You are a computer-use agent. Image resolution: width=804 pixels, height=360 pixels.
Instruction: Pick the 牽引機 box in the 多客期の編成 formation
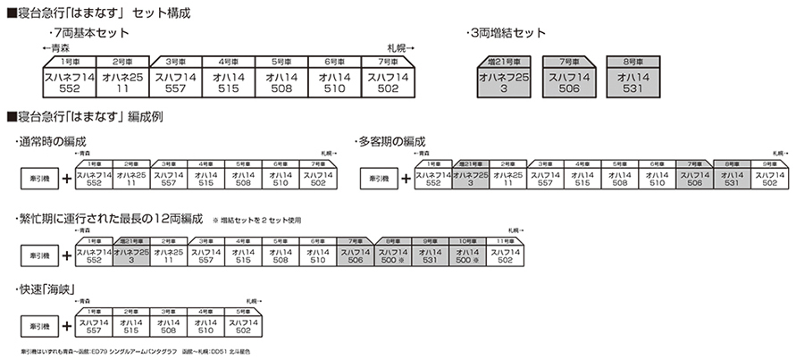378,178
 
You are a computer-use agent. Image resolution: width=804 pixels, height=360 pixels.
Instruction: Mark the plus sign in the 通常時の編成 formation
67,178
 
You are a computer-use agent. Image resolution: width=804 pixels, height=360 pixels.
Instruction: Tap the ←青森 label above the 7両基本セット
57,45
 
